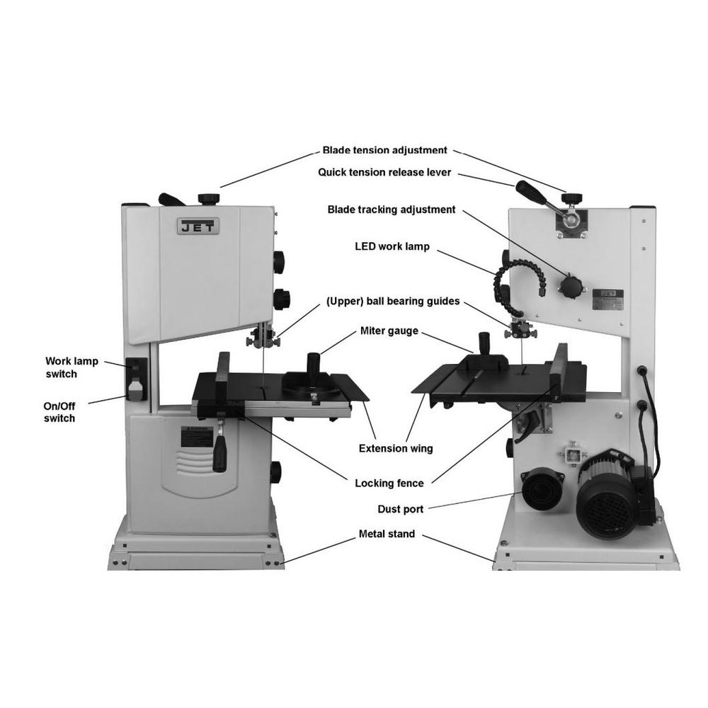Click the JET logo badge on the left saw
198,227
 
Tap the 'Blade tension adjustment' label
384,150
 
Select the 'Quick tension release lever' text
384,172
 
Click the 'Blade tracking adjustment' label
391,210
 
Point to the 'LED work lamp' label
392,247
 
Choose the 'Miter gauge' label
389,331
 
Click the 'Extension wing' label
396,448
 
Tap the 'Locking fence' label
389,484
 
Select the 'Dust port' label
401,508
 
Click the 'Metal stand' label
387,534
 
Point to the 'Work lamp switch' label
71,367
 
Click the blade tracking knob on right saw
571,285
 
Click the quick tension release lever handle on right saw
531,191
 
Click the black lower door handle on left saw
219,454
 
